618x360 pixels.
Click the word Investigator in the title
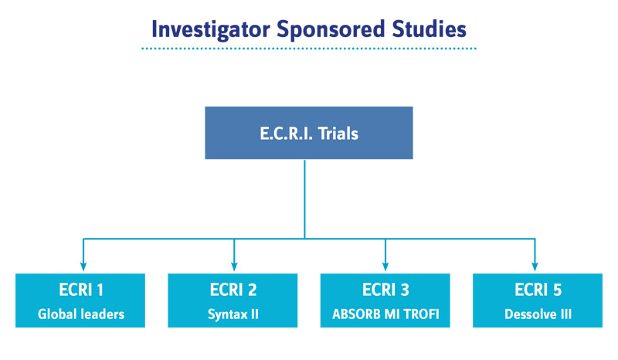[x=211, y=30]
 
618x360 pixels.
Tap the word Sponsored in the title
[x=331, y=30]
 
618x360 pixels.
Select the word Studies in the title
[x=430, y=29]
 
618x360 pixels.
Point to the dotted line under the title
[x=309, y=49]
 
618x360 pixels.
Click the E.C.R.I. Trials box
[x=309, y=133]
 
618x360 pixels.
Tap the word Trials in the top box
[x=338, y=134]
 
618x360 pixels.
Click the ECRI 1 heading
[x=81, y=290]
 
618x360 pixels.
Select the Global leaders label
[x=81, y=314]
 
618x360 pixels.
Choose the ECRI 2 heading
[x=233, y=290]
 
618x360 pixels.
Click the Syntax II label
[x=233, y=314]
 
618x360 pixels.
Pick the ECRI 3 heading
[x=385, y=290]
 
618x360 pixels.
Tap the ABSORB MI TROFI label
[x=385, y=314]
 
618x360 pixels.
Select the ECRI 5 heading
[x=538, y=290]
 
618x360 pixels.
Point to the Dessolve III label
[x=538, y=314]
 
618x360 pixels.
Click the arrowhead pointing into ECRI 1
[x=83, y=267]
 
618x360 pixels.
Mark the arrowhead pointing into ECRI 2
[x=234, y=267]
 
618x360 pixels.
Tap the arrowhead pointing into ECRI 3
[x=385, y=267]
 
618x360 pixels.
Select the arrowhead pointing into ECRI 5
[x=535, y=267]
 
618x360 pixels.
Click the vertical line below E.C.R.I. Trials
[x=304, y=199]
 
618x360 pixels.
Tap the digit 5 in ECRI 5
[x=557, y=290]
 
